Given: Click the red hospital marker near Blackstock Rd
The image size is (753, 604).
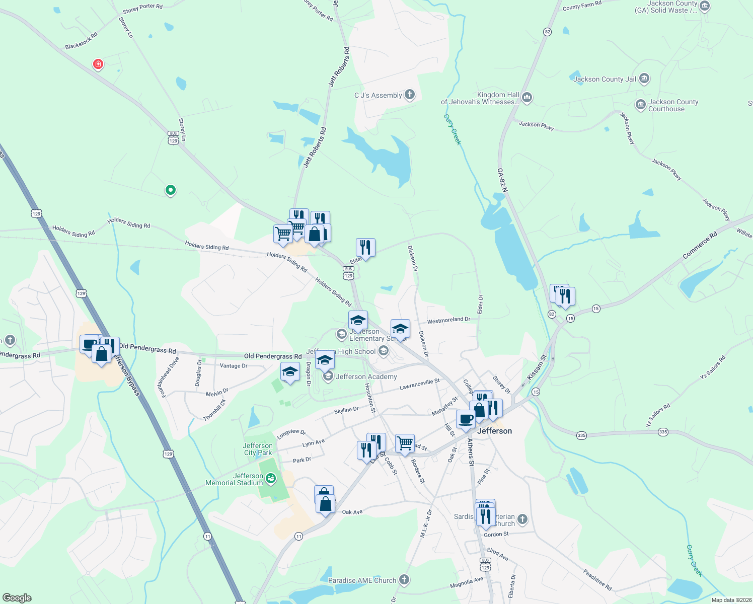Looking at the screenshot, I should (x=98, y=64).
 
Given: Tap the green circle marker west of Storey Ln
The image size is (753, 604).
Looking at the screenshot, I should (x=171, y=190).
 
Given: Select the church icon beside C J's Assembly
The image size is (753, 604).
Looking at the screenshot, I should (x=410, y=95).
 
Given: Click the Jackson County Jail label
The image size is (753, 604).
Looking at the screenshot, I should (x=605, y=79).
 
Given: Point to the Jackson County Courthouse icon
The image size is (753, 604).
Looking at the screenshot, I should (x=640, y=105).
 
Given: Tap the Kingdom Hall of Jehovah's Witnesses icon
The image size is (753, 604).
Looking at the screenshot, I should (x=527, y=97).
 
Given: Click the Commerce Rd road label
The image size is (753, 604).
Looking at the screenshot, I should (x=700, y=246).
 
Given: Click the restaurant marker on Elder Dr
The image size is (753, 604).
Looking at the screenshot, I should (x=365, y=248).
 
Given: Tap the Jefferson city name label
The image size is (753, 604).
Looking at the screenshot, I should (x=494, y=431).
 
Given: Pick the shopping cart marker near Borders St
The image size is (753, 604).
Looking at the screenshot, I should (x=405, y=443).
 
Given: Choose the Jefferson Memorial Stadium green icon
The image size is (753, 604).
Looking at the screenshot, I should (x=271, y=478).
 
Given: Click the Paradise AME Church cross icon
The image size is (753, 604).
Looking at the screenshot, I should (x=404, y=580).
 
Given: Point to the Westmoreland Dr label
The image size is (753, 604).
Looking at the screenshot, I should (x=448, y=320).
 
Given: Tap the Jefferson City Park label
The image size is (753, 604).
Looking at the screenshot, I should (x=258, y=449).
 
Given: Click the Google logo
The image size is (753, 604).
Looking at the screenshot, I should (x=17, y=597).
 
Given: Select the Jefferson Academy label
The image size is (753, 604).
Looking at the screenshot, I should (x=366, y=376).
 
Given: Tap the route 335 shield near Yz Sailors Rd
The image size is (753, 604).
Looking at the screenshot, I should (x=663, y=432).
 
